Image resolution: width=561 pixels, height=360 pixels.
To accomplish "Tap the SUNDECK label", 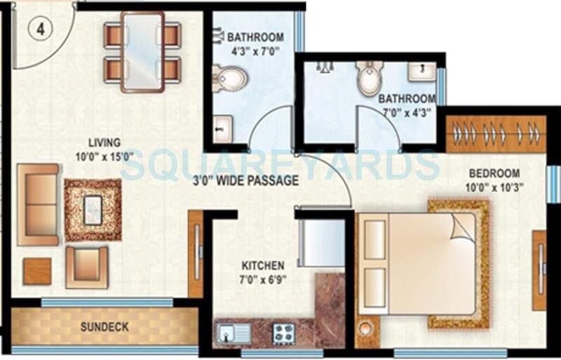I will pos(104,327).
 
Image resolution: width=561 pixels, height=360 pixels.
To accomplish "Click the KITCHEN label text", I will pos(263,266).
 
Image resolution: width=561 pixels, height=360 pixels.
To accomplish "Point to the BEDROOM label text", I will pos(494,173).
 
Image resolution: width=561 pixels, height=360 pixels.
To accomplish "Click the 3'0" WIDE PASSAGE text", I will pos(245,181).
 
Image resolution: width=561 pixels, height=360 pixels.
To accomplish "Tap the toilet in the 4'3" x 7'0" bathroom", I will pos(229,78).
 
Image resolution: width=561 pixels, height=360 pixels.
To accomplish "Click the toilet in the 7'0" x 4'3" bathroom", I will pos(369,78).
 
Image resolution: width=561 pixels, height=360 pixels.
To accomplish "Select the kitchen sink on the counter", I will pos(231,333).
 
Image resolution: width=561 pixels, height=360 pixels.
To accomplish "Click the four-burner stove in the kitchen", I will pos(283,333).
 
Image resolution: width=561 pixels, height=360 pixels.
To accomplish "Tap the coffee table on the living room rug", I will pos(93,210).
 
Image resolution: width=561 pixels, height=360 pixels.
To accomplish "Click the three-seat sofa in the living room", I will pos(37,205).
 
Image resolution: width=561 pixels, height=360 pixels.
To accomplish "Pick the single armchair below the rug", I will pos(87,267).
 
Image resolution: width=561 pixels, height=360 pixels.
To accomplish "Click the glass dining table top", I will pos(142,51).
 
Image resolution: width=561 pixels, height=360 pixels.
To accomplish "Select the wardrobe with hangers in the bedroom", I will pos(496,133).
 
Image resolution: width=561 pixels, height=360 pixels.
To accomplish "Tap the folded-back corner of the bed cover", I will pos(463,227).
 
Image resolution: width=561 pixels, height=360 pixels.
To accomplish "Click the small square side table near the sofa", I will pos(37,271).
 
